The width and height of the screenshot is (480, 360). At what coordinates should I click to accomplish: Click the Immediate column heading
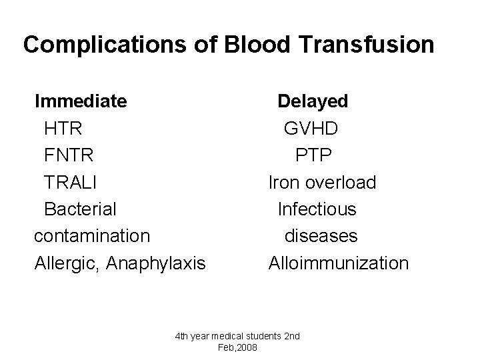tap(81, 101)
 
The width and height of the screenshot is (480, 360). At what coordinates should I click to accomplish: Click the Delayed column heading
tap(313, 101)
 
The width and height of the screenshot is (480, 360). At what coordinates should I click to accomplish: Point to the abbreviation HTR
tap(63, 129)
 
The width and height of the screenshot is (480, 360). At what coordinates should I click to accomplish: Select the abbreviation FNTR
tap(69, 155)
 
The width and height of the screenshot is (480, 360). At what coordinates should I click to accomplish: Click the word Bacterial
tap(80, 209)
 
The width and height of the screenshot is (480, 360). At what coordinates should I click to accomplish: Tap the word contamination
tap(92, 236)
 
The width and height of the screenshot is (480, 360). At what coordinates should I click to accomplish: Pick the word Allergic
tap(66, 263)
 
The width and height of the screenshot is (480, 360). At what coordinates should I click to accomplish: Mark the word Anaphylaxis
tap(155, 263)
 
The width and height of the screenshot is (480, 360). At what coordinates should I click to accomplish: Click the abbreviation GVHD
tap(311, 129)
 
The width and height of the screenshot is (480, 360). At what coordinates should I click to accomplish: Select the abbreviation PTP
tap(314, 155)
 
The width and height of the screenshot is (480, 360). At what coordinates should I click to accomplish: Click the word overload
tap(342, 182)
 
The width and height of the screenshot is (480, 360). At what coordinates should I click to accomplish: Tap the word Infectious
tap(317, 209)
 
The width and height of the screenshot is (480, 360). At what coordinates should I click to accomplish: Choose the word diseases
tap(321, 236)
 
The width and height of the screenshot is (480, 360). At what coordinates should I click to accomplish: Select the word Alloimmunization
tap(339, 263)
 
